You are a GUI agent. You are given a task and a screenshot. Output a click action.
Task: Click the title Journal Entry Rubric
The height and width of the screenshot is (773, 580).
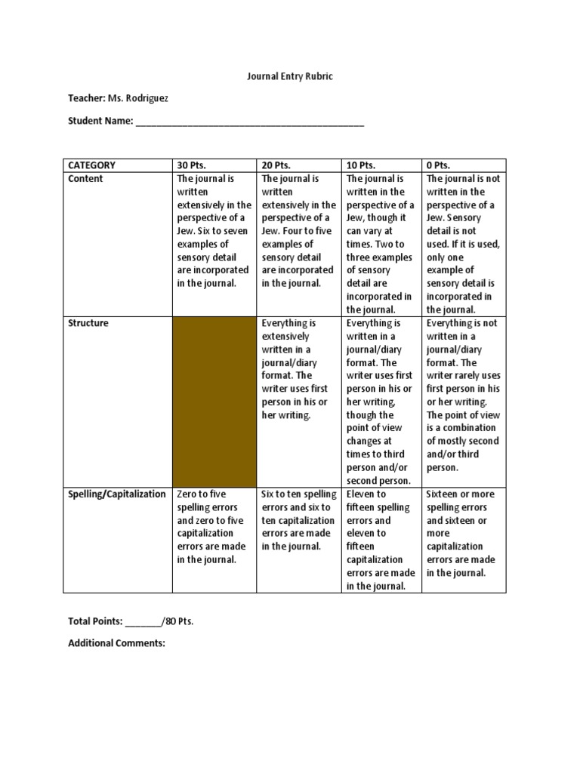tap(290, 76)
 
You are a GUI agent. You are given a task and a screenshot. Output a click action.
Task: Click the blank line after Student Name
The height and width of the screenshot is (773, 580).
tap(250, 121)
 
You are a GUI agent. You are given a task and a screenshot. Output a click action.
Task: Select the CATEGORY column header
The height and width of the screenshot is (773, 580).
tap(92, 165)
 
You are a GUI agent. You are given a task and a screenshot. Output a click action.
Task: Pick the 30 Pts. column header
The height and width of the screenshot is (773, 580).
tap(191, 165)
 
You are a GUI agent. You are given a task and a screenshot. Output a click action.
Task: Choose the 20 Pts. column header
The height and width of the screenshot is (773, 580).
tap(276, 165)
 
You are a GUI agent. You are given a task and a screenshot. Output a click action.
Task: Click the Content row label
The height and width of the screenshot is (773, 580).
tap(85, 179)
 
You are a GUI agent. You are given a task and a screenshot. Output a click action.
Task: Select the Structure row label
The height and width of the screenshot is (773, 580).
tap(88, 323)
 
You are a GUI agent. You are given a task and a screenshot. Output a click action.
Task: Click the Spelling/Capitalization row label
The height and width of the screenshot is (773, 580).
tap(117, 494)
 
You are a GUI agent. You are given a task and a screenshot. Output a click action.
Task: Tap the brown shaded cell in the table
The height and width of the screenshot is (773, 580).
tap(214, 402)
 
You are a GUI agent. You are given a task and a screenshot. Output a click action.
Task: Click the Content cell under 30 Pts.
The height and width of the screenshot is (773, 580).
tap(214, 231)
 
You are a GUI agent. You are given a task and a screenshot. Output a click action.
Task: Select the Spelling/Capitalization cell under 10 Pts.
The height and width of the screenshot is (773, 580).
tap(381, 540)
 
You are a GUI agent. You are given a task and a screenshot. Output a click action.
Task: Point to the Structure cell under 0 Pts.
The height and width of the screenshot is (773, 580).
tap(463, 395)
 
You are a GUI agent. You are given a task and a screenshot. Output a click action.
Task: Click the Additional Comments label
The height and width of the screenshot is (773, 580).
tap(116, 643)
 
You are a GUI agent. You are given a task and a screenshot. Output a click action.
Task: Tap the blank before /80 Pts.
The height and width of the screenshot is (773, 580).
tap(143, 621)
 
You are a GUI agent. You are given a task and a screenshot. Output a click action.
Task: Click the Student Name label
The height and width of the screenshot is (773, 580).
tap(100, 121)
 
